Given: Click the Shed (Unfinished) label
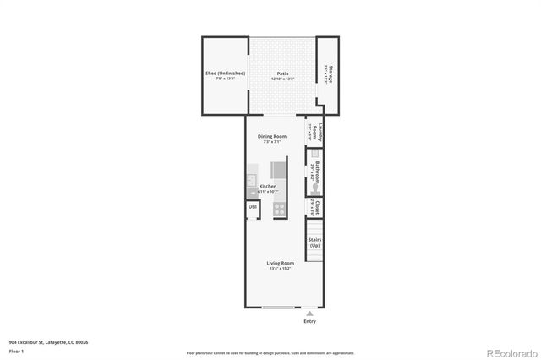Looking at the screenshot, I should pyautogui.click(x=225, y=74).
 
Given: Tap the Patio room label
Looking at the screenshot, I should pyautogui.click(x=281, y=74).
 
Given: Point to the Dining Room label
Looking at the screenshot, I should pyautogui.click(x=271, y=136).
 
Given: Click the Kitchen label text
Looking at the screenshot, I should pyautogui.click(x=268, y=186).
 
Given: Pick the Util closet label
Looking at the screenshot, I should pyautogui.click(x=252, y=206).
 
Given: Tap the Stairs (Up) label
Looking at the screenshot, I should pyautogui.click(x=314, y=243).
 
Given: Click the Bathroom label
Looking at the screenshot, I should pyautogui.click(x=315, y=172).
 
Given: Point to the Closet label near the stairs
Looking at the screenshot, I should pyautogui.click(x=315, y=206).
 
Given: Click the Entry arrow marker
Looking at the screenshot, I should pyautogui.click(x=309, y=313).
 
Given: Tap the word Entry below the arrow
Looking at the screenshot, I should pyautogui.click(x=309, y=322).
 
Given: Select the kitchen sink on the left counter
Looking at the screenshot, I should pyautogui.click(x=251, y=180).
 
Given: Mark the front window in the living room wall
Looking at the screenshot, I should pyautogui.click(x=279, y=307).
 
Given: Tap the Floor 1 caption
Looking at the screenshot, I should pyautogui.click(x=17, y=350).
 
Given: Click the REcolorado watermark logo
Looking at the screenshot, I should pyautogui.click(x=509, y=352).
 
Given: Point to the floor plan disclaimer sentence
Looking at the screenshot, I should pyautogui.click(x=270, y=352).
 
